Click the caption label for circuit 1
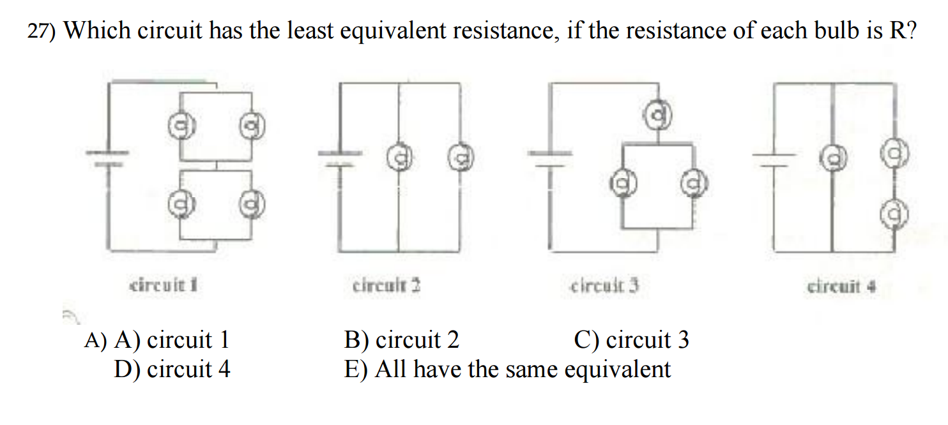(x=162, y=285)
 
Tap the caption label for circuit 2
(x=386, y=285)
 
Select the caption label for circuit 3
(x=604, y=285)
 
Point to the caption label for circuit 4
(x=841, y=286)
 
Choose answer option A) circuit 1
(x=171, y=340)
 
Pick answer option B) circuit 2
(x=401, y=340)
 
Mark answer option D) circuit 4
(x=172, y=369)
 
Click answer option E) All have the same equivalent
(x=507, y=369)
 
